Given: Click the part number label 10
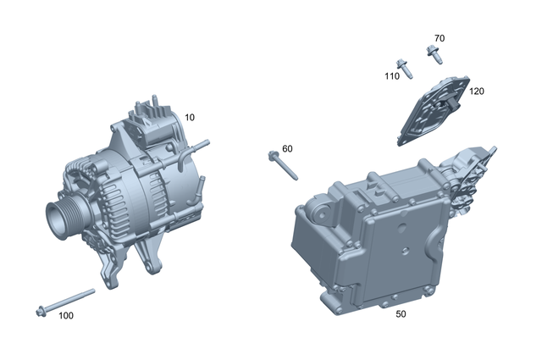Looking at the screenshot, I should [190, 118].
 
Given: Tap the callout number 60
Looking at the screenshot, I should [287, 149].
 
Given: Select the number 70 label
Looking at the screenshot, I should [439, 39].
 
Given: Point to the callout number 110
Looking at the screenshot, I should [391, 76].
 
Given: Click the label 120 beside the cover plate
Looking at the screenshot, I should [476, 91].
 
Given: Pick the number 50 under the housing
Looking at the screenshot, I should [401, 314].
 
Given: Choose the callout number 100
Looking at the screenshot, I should [65, 316].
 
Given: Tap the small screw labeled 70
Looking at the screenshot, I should [434, 56].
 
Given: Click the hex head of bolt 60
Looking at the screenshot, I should [273, 156].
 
